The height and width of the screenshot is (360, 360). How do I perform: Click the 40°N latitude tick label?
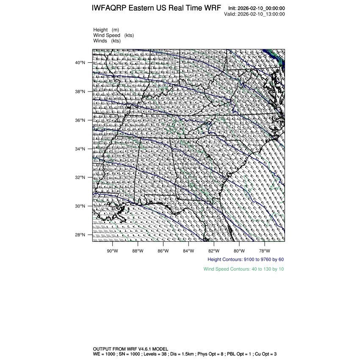point(80,63)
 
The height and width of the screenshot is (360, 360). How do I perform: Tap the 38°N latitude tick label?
point(80,91)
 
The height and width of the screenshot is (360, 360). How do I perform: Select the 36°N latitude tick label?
point(80,120)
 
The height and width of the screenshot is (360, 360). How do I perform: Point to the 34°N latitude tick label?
point(80,149)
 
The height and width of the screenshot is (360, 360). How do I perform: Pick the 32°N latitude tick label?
point(80,177)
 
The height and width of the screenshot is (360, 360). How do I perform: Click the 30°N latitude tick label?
point(80,206)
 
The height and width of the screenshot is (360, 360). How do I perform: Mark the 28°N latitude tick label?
point(80,235)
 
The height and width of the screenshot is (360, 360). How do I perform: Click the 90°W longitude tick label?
point(112,250)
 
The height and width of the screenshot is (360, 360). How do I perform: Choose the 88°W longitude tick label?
point(138,250)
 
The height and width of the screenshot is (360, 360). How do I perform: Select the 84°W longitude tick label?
point(188,250)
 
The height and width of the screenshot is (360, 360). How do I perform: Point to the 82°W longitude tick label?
point(214,250)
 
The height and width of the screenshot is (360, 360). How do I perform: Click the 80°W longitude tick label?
point(239,250)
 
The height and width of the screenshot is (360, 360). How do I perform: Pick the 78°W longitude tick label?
point(265,250)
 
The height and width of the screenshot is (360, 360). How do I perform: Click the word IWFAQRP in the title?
point(108,8)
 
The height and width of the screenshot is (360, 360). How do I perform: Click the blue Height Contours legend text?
point(246,259)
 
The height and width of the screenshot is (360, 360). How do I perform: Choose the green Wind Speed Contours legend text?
point(244,269)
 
